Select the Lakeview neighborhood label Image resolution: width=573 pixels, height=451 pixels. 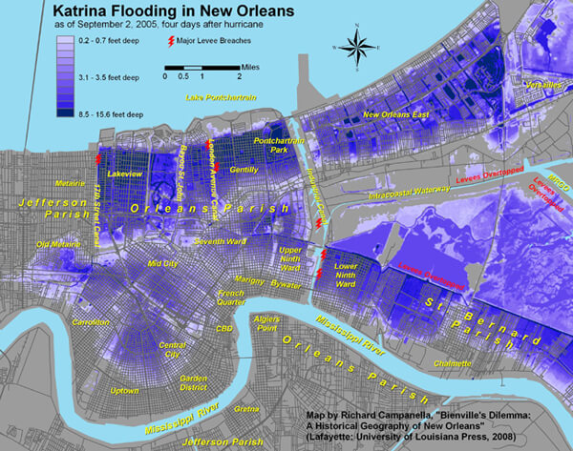click(x=125, y=175)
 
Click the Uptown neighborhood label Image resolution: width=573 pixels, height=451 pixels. click(x=125, y=391)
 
